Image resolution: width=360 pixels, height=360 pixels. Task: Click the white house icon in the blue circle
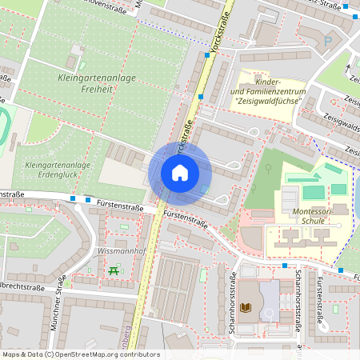[180, 172]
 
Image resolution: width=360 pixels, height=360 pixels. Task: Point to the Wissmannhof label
[118, 250]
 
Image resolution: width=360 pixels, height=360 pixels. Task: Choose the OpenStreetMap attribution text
[80, 354]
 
